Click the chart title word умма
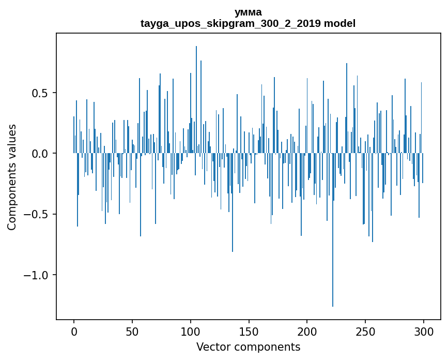[x=248, y=12]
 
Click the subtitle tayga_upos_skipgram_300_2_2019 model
[x=248, y=23]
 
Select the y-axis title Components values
[x=12, y=177]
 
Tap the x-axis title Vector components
[x=248, y=347]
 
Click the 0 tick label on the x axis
[x=74, y=331]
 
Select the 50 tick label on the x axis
[x=132, y=331]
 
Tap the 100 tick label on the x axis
[x=191, y=331]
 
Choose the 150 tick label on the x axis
[x=249, y=331]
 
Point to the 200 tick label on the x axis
[x=307, y=331]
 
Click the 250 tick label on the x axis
[x=365, y=331]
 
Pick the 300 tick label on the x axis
[x=424, y=331]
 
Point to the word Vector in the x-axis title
[x=212, y=347]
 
